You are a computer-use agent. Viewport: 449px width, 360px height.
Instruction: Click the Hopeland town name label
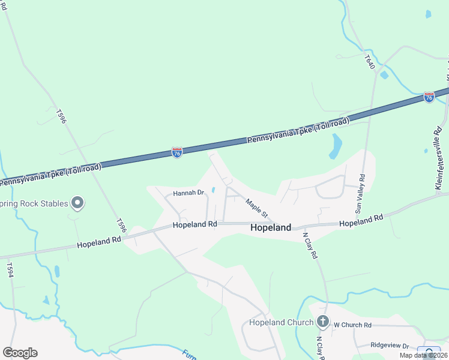270,227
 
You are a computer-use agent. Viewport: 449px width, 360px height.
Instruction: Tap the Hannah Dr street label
189,193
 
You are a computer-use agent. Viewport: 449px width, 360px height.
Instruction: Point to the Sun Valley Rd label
360,194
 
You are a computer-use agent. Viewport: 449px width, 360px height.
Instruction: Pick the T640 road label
369,62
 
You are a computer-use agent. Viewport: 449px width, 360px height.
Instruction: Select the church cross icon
323,322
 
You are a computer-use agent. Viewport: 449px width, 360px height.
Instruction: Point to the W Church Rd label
353,325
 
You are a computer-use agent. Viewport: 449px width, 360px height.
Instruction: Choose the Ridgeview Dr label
389,346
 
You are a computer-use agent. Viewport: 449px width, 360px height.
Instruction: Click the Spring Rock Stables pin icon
77,203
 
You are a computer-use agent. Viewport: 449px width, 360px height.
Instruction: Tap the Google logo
20,353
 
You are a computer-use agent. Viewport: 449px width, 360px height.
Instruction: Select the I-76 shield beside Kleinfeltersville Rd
429,97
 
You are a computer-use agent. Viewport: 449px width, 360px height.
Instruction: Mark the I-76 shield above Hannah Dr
176,153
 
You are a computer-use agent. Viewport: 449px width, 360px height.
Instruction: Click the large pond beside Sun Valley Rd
336,146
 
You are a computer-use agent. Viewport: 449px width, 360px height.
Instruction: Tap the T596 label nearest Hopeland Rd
122,225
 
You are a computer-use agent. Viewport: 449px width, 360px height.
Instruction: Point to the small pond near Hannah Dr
212,190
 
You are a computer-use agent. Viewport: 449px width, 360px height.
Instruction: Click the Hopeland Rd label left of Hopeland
194,224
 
